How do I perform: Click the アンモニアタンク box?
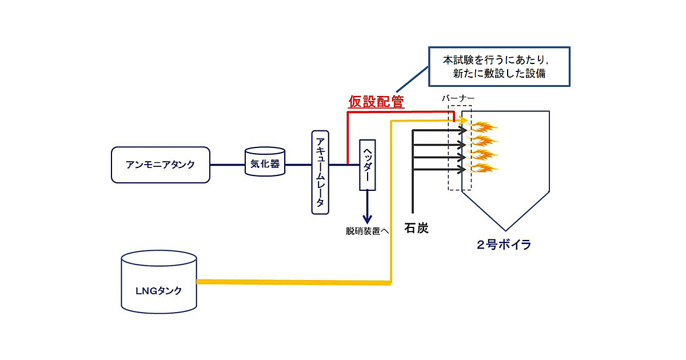click(x=160, y=165)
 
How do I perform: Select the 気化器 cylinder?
click(x=265, y=163)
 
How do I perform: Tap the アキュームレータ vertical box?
click(x=321, y=172)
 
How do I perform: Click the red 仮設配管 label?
click(x=377, y=102)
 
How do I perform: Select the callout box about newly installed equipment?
click(x=499, y=66)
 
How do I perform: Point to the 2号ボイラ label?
click(x=504, y=245)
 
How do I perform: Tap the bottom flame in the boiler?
click(x=483, y=168)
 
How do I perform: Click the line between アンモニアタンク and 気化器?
click(x=227, y=165)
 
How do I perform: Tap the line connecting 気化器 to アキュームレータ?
click(x=298, y=165)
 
